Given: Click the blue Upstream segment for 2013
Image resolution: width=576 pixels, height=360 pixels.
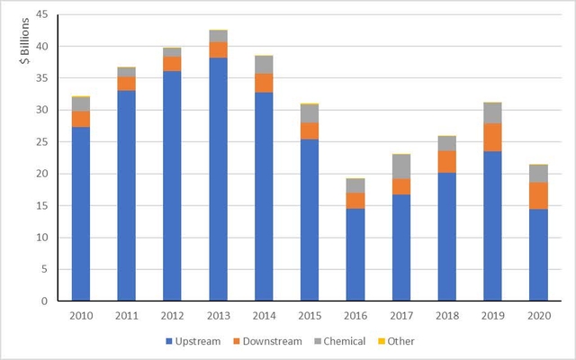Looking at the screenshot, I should tap(219, 179).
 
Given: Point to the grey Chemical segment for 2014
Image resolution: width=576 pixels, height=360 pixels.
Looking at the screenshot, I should tap(265, 65).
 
